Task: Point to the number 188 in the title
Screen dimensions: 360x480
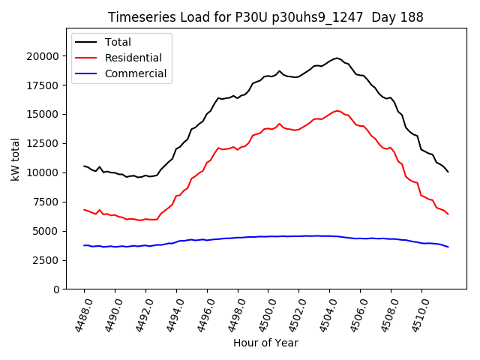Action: point(411,17)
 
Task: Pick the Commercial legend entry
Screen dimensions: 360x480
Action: point(136,73)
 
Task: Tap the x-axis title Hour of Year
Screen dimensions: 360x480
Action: point(265,343)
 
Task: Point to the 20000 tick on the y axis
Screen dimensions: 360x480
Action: point(42,56)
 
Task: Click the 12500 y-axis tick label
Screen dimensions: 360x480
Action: point(42,115)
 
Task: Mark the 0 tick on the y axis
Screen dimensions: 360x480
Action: point(55,289)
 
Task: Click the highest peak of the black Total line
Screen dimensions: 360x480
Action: point(337,58)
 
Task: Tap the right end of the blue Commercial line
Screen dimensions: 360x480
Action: point(448,247)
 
